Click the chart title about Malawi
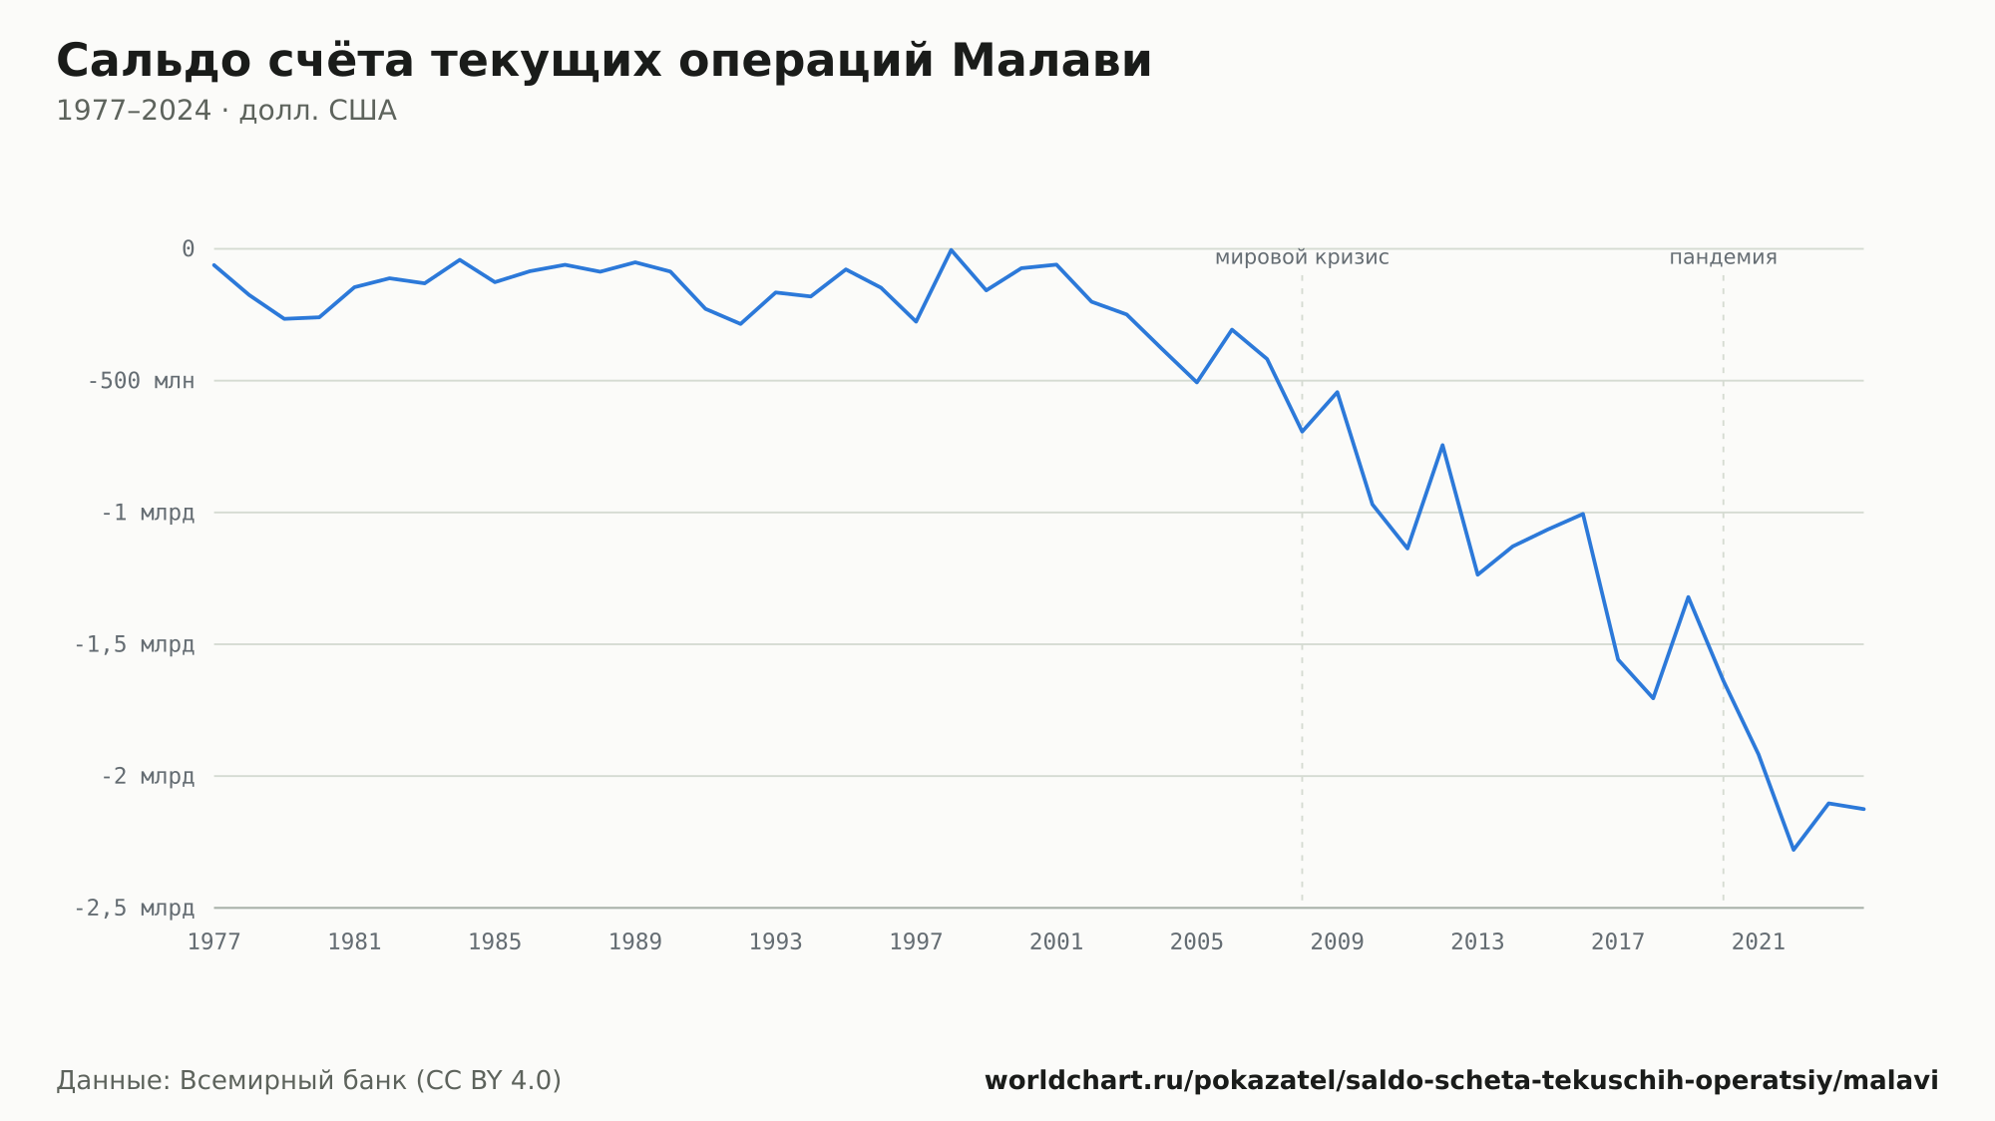pos(604,61)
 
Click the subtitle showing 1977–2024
pos(226,111)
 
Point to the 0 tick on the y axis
pos(188,249)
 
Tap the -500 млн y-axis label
pos(142,381)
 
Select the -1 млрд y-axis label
pos(148,513)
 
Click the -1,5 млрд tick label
pos(135,644)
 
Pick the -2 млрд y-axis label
pos(148,776)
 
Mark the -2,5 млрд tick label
pos(135,908)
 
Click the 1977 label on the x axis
pos(214,942)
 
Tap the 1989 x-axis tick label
pos(635,942)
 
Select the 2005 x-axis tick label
pos(1197,942)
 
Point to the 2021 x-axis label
pos(1759,942)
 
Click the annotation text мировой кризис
pos(1302,258)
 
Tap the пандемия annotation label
pos(1724,258)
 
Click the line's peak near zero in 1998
pos(952,249)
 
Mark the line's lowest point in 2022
pos(1794,850)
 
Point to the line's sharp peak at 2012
pos(1442,445)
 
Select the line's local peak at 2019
pos(1688,596)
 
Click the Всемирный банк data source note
pos(309,1081)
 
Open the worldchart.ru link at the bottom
pos(1461,1081)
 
